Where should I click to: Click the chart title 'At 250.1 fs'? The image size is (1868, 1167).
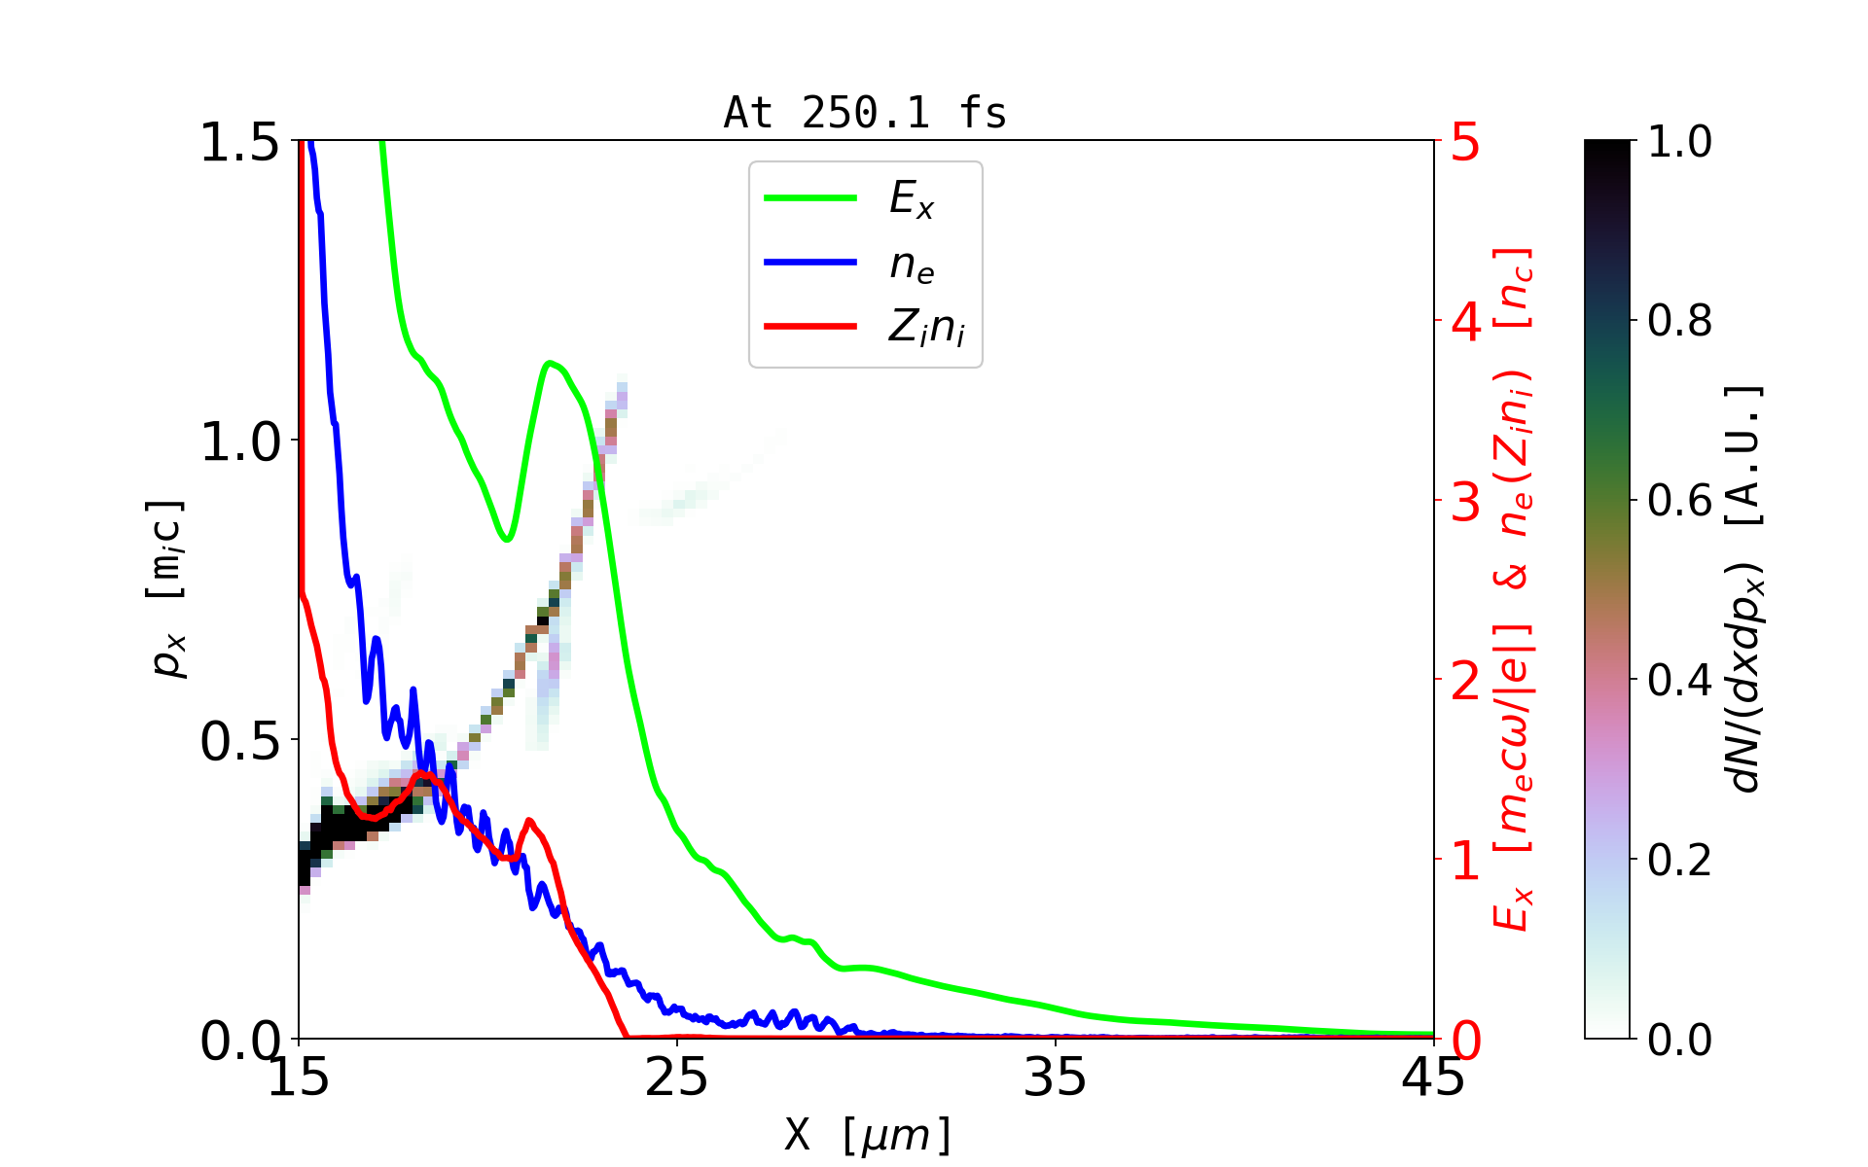click(865, 113)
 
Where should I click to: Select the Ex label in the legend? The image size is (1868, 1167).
click(912, 199)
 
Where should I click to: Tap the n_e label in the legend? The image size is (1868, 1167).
click(912, 265)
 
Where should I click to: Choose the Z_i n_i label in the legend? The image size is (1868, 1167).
click(926, 328)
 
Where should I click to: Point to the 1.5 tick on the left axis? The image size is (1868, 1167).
click(239, 143)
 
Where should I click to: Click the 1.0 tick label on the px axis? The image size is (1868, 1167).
click(239, 442)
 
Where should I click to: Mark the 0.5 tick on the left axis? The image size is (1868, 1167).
click(239, 742)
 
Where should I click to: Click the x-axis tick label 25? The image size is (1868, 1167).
click(677, 1078)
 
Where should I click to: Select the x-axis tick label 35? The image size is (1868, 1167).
click(1056, 1078)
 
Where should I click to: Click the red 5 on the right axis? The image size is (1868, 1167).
click(1466, 143)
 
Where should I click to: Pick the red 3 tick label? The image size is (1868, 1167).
click(1466, 502)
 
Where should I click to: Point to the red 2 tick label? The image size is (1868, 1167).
click(1466, 682)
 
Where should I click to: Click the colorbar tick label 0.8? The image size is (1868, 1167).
click(1679, 321)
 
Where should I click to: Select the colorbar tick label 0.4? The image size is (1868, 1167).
click(1679, 681)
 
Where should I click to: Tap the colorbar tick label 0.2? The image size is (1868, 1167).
click(1679, 861)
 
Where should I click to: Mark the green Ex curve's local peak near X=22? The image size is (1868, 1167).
click(551, 364)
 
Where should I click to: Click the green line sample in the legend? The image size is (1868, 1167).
click(810, 198)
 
